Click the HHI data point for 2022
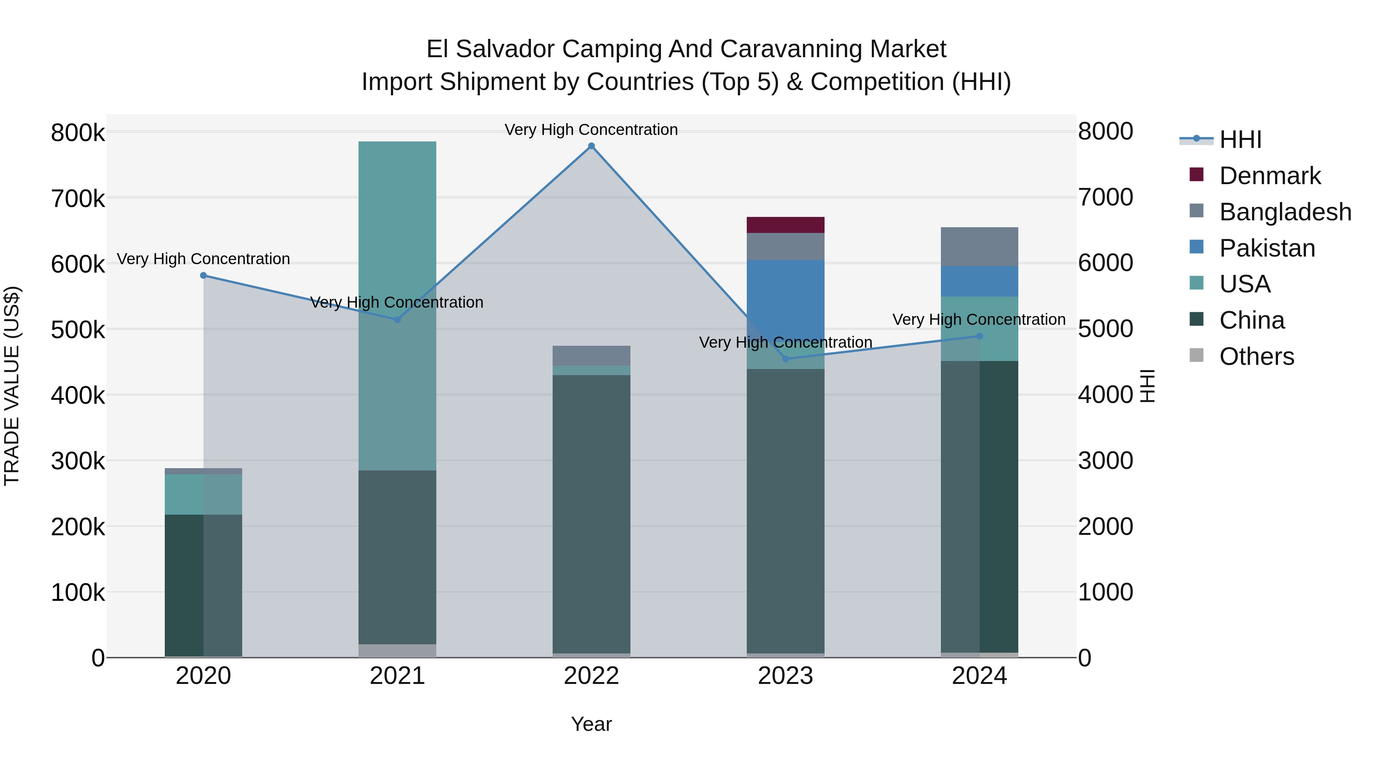[591, 146]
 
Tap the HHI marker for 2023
[785, 359]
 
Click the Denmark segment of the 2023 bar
[785, 225]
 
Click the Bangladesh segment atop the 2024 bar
[979, 247]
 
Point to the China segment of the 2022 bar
[591, 512]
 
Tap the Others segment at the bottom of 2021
[397, 650]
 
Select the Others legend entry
[1256, 356]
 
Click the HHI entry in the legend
[1240, 140]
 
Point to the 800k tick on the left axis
[78, 133]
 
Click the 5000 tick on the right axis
[1105, 329]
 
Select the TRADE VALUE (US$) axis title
[12, 386]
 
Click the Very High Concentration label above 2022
[591, 130]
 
